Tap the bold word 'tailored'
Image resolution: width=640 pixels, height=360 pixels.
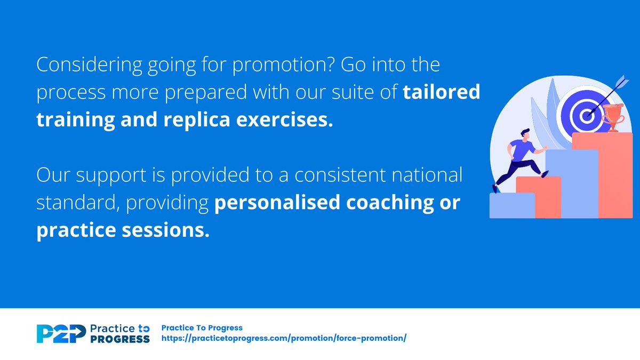point(441,92)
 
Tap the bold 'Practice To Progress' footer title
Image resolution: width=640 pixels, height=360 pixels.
point(202,328)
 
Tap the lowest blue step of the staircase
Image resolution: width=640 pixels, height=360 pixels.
point(511,205)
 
